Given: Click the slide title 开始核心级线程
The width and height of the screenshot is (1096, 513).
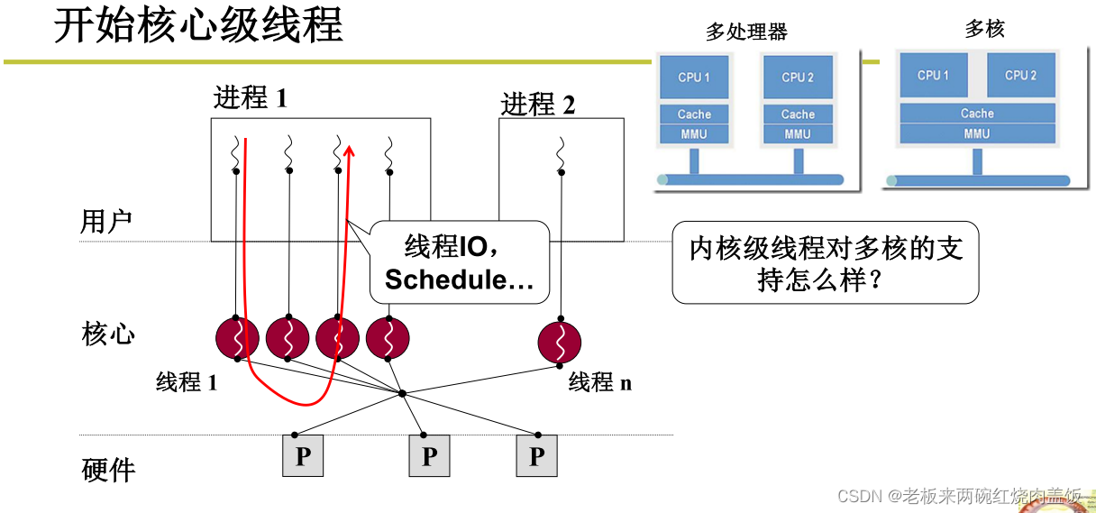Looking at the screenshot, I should [x=198, y=26].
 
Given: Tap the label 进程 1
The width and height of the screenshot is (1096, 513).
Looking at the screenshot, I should [x=250, y=97].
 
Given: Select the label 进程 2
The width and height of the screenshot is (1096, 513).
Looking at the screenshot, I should [x=537, y=105].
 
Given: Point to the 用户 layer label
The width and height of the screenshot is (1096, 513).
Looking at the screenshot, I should [x=106, y=222].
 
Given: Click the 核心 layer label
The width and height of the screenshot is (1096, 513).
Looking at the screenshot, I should [x=108, y=334].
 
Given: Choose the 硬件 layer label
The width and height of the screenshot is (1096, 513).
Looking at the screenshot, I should [x=108, y=470].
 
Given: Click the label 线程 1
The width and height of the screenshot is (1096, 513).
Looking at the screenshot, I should [x=187, y=382].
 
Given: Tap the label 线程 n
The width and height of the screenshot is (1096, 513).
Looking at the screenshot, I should [x=600, y=382].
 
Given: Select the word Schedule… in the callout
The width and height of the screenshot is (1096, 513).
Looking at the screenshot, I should [x=459, y=279].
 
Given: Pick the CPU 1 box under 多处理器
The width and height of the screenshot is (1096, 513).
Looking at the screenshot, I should [x=694, y=78].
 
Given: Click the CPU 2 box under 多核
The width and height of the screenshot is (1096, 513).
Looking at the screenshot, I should [x=1020, y=76].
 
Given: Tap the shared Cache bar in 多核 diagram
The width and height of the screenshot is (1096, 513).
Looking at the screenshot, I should [x=977, y=114].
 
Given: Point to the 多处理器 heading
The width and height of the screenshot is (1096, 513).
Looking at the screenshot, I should [x=746, y=32].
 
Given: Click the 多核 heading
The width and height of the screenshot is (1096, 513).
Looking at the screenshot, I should [x=984, y=29].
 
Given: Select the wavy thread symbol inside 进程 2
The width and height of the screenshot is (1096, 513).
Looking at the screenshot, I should [x=561, y=154].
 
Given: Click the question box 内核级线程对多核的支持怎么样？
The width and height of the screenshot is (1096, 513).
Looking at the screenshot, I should [x=825, y=262].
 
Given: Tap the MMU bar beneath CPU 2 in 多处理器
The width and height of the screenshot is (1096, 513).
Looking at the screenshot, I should [x=797, y=134].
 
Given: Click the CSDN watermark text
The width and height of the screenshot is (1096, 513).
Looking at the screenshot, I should [x=959, y=496].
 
